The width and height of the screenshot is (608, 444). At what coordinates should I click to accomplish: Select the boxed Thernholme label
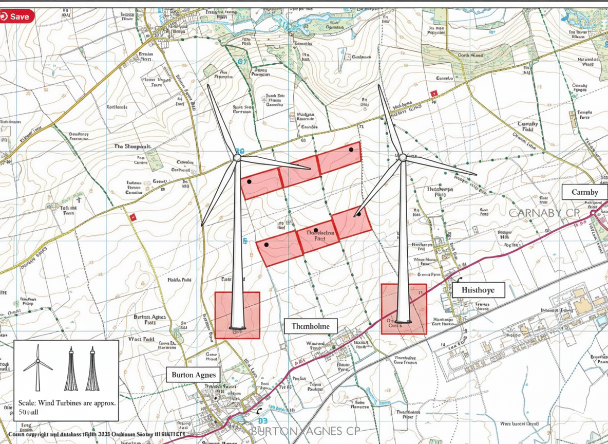point(311,326)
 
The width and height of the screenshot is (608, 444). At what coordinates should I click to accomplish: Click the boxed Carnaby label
point(584,192)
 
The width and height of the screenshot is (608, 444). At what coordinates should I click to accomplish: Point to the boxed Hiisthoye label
point(478,290)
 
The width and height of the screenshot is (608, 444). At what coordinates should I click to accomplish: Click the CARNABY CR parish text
point(544,213)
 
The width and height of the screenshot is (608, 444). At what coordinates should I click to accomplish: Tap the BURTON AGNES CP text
point(305,431)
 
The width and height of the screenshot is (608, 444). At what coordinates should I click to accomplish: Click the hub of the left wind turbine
point(237,158)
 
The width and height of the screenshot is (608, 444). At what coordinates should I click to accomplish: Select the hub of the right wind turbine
point(403,157)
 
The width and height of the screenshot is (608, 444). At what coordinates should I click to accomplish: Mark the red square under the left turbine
point(237,315)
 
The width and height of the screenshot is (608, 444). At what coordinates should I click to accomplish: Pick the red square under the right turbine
point(404,309)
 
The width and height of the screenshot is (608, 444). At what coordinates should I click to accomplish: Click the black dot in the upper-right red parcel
point(351,150)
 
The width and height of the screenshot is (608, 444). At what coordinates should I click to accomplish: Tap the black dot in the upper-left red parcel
point(249,181)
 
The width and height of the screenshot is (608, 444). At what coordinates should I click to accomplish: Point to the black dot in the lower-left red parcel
point(267,245)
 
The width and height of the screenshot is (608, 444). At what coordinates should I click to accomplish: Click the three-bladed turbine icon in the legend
point(37,366)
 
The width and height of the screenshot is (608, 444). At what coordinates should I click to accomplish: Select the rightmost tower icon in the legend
point(92,369)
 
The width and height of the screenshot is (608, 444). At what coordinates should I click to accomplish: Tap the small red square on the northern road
point(433,93)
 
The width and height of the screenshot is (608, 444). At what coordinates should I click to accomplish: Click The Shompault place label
point(132,146)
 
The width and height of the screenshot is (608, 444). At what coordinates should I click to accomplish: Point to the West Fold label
point(141,339)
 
